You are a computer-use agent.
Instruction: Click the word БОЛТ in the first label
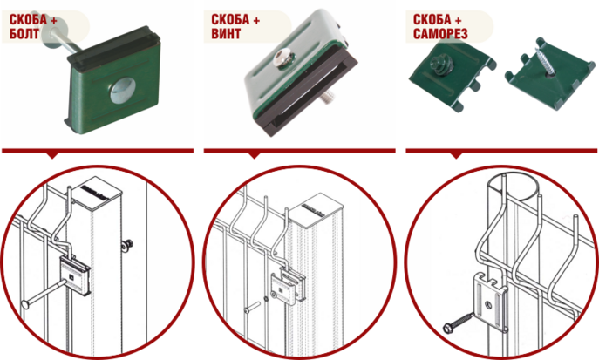(x=24, y=34)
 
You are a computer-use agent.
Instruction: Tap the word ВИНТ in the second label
(x=226, y=34)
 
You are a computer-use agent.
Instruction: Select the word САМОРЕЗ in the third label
(x=440, y=34)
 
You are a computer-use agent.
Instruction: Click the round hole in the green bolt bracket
(x=123, y=91)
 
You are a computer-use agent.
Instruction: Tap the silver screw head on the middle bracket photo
(x=283, y=59)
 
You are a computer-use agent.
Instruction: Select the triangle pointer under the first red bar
(x=52, y=155)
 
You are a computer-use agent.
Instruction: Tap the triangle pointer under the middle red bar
(x=254, y=155)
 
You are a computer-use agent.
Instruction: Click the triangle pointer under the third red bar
(x=456, y=155)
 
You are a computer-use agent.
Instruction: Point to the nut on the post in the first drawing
(x=127, y=244)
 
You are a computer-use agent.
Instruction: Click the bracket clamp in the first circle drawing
(x=75, y=275)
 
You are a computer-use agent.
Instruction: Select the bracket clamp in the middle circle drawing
(x=289, y=286)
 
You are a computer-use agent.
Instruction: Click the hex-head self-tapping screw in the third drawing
(x=458, y=323)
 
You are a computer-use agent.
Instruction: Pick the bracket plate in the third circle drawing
(x=490, y=302)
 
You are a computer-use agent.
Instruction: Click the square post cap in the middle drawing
(x=317, y=209)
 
